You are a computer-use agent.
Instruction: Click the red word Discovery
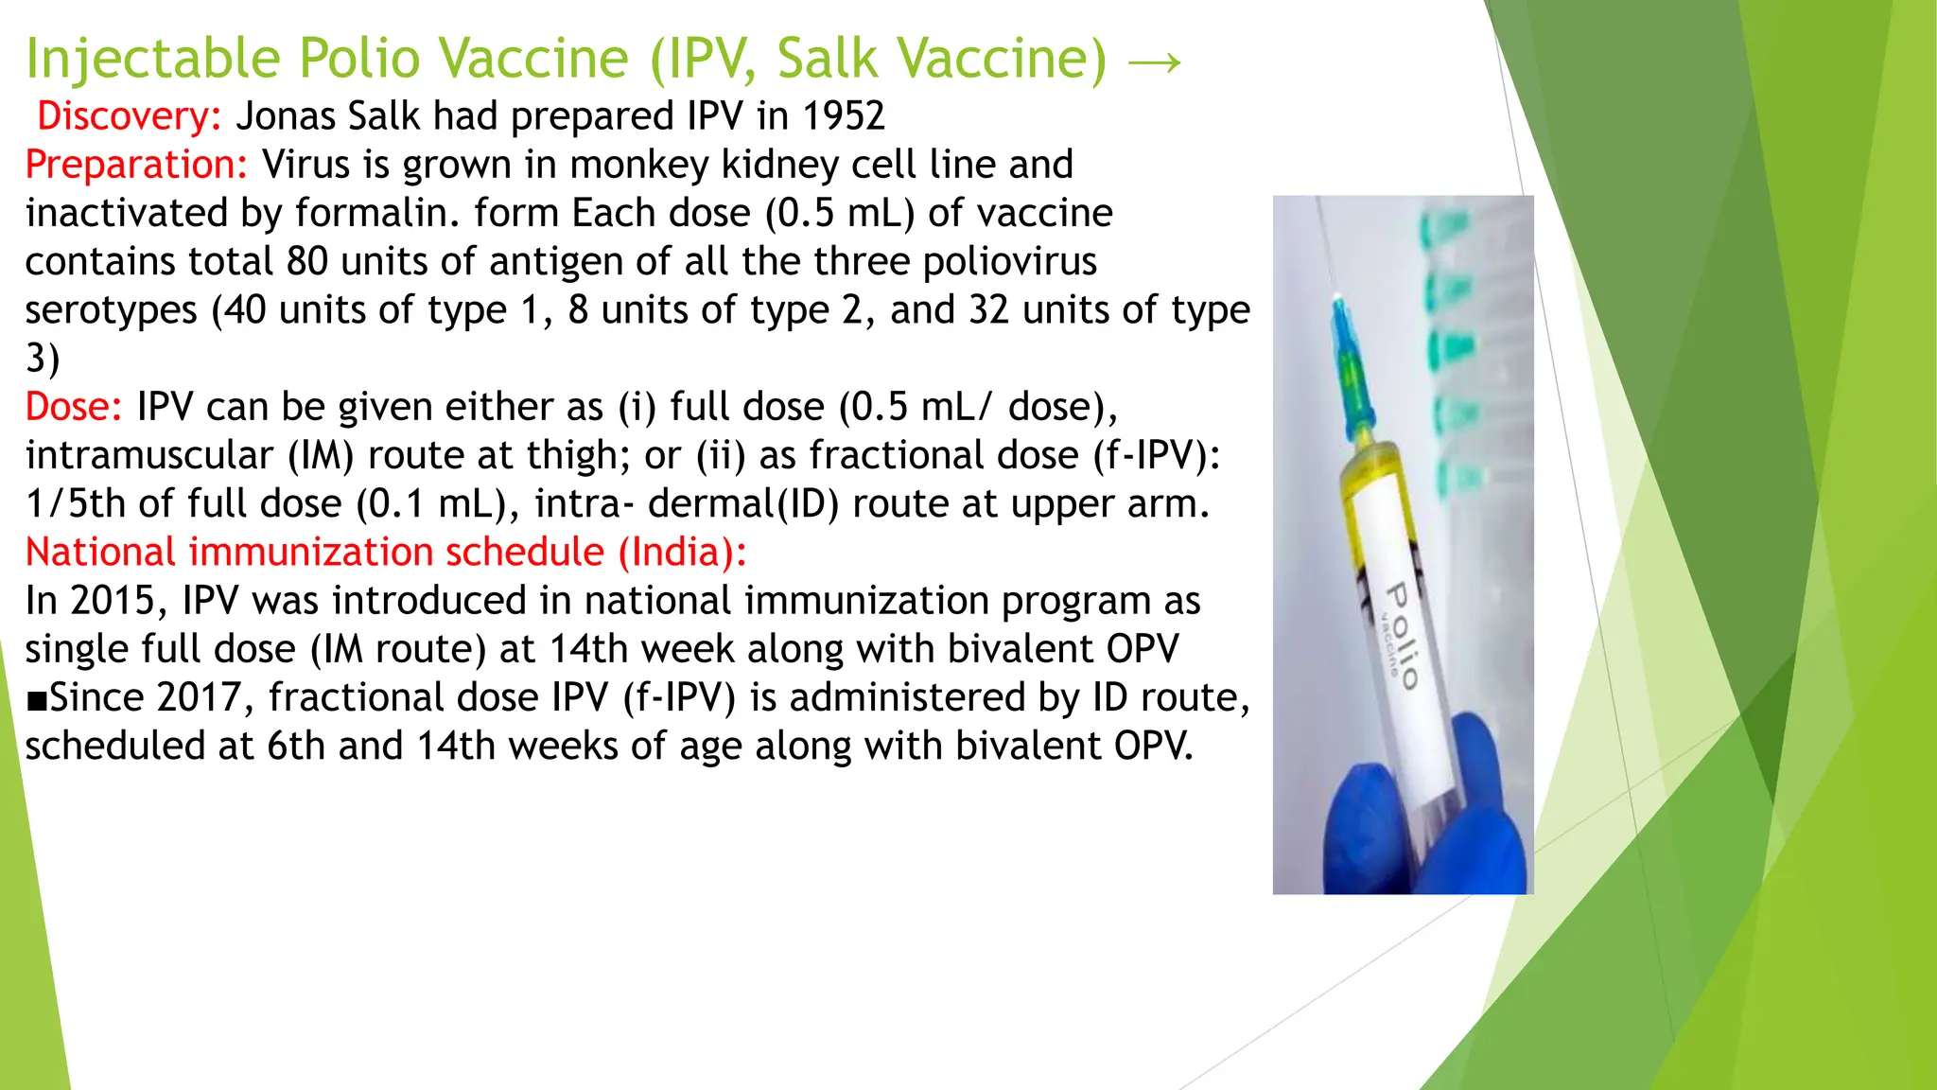pyautogui.click(x=129, y=116)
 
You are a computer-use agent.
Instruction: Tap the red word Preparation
pyautogui.click(x=136, y=165)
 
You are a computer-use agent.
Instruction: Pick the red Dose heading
pyautogui.click(x=73, y=407)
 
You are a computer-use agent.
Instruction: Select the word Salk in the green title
pyautogui.click(x=827, y=59)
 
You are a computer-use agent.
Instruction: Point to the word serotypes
pyautogui.click(x=111, y=310)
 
